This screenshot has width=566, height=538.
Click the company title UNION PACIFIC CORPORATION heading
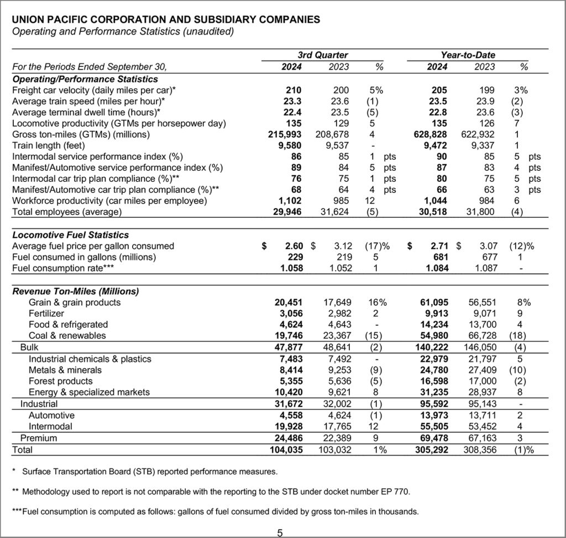coord(165,20)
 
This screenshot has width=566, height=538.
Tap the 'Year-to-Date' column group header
coord(468,55)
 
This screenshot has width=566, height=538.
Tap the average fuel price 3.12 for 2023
coord(335,246)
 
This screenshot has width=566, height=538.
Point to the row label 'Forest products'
coord(61,382)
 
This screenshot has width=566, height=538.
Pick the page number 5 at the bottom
coord(280,532)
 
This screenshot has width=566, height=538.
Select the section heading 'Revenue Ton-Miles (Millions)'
coord(76,291)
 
